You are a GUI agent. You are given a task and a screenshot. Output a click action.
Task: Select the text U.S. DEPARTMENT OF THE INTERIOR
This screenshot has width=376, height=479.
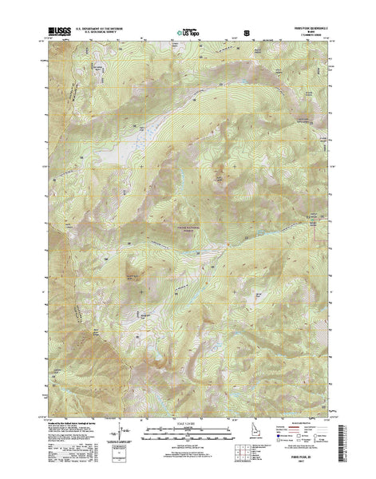tap(104, 28)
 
